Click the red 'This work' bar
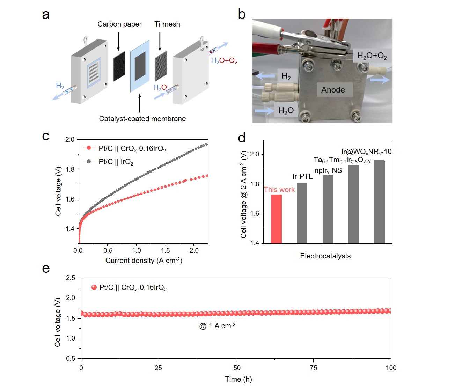pos(276,219)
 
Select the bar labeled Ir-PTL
pos(302,213)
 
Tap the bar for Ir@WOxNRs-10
pos(379,202)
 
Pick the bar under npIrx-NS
pos(328,209)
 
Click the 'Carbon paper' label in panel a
pos(119,24)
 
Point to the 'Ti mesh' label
pos(167,24)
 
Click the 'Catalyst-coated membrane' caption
pos(142,119)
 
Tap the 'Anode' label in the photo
pos(333,90)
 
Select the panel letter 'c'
pos(46,136)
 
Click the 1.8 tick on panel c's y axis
pos(70,169)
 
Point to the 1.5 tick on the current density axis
pos(166,250)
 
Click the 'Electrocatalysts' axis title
pos(325,256)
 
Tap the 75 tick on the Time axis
pos(314,367)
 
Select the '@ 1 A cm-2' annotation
pos(217,326)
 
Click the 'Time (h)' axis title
pos(238,379)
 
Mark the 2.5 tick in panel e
pos(71,278)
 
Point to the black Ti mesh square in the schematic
pos(161,66)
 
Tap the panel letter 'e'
pos(46,269)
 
